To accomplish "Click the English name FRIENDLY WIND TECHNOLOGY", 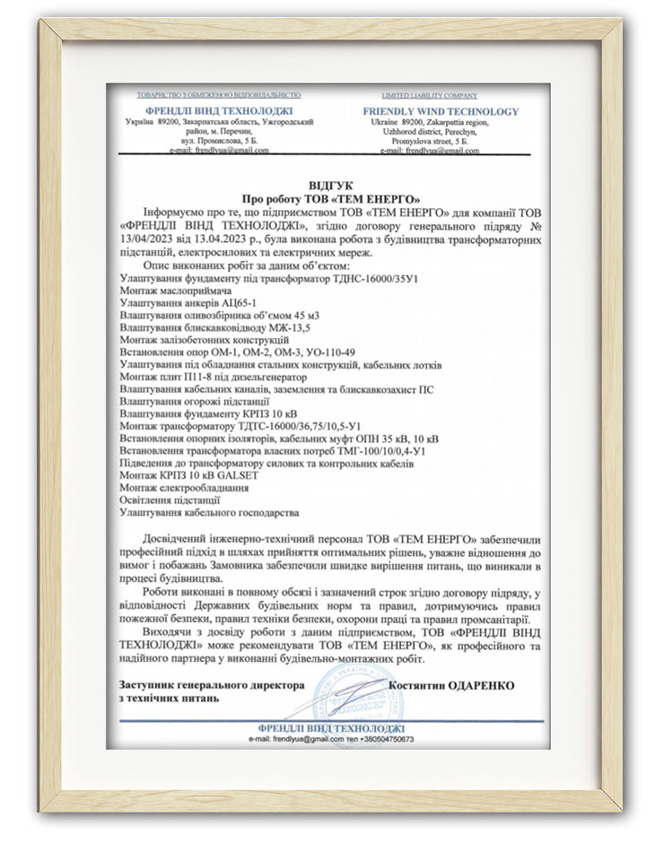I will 441,111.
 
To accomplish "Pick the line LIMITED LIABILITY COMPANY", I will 441,94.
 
